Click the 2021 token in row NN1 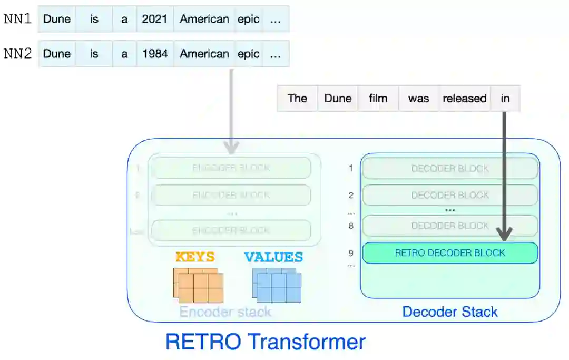point(154,20)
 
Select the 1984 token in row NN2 point(154,54)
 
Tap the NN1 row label point(17,20)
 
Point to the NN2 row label point(17,54)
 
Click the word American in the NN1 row point(204,20)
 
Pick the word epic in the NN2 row point(248,54)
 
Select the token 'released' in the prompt point(465,99)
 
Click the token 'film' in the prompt point(378,99)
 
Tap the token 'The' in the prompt point(297,99)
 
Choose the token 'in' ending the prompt point(505,99)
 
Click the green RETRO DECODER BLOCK point(450,253)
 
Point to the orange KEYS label point(195,257)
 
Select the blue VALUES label point(273,257)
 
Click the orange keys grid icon point(198,285)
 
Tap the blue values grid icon point(276,285)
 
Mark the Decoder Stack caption point(450,312)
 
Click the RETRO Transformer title point(266,342)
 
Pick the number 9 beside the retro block point(351,253)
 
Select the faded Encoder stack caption point(225,312)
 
